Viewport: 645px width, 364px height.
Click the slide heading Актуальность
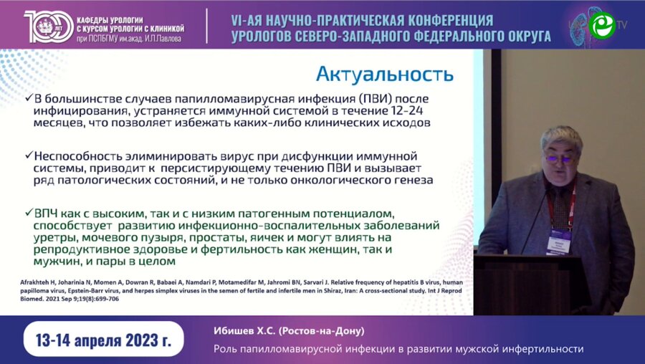(384, 74)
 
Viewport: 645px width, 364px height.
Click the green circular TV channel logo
(601, 24)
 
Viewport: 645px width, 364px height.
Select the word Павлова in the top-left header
(164, 37)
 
